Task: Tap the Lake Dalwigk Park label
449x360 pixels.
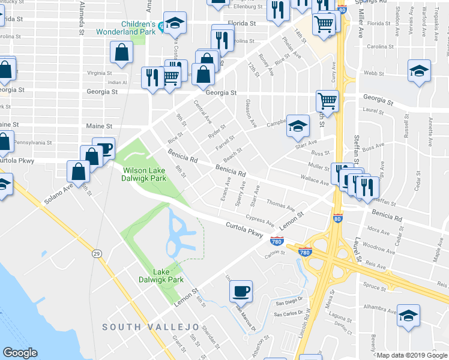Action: click(167, 275)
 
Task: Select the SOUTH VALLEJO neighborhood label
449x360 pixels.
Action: click(150, 326)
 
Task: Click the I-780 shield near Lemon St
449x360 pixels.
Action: click(276, 242)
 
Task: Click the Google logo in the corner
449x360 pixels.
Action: click(20, 353)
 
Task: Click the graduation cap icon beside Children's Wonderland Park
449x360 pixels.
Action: click(175, 23)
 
